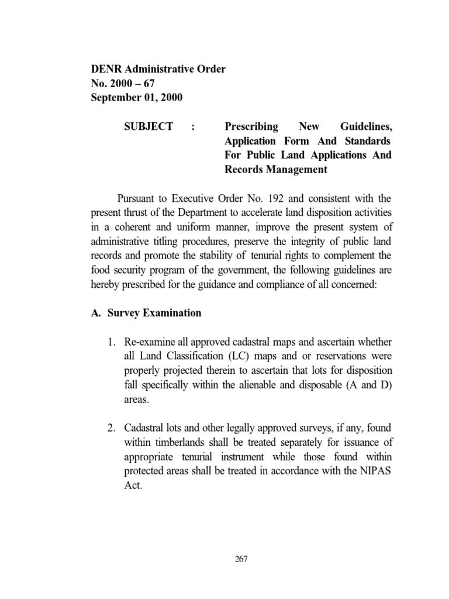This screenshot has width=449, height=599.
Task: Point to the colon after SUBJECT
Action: tap(193, 127)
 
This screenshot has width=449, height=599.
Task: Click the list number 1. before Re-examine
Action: tap(112, 342)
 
